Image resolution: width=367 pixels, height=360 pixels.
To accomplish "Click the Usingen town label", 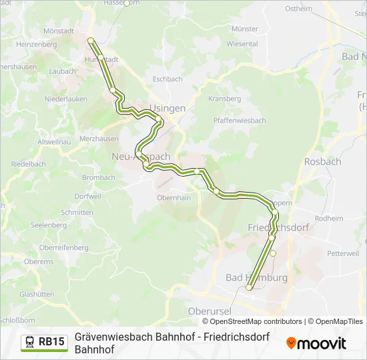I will coord(167,108).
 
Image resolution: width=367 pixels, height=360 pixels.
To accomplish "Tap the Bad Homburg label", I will coord(256,277).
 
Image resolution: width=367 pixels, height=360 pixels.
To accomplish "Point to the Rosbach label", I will coord(322,161).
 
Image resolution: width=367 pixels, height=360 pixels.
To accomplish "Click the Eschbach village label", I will coord(167,79).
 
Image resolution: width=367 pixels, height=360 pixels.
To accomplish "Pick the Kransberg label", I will coord(224,98).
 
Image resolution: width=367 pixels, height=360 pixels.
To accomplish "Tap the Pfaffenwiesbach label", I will coord(240,121).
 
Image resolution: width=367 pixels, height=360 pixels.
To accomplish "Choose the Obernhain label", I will coord(173,198).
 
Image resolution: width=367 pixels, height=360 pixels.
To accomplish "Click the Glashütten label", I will coord(37,293).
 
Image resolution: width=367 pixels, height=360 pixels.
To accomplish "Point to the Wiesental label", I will coord(242,44).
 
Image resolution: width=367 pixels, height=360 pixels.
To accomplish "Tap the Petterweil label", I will coord(343,253).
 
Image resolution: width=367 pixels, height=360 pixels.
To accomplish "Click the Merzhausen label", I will coord(99,139).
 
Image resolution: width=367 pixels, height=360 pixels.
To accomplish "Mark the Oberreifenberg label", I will coord(64,248).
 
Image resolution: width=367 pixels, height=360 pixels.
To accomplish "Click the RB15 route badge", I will coord(51,342).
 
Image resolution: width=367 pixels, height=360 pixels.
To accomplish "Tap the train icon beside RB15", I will coord(30,342).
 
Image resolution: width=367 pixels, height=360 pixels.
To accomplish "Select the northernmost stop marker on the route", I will coord(91,41).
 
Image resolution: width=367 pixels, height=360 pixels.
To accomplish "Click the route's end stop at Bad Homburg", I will coord(249,287).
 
